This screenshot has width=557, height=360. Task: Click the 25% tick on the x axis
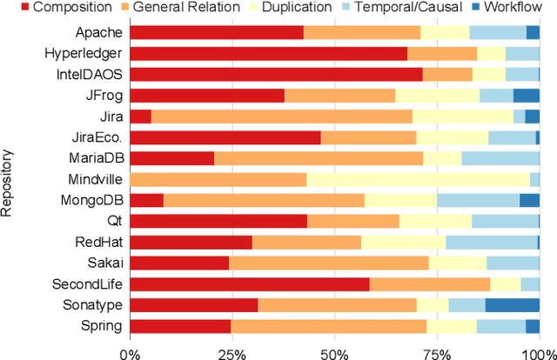pyautogui.click(x=232, y=351)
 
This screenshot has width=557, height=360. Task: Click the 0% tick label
pyautogui.click(x=130, y=351)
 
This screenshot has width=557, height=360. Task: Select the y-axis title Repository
pyautogui.click(x=8, y=179)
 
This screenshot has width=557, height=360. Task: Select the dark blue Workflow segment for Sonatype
pyautogui.click(x=513, y=304)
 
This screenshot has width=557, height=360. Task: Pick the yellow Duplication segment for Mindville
pyautogui.click(x=418, y=179)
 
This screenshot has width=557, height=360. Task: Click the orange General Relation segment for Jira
pyautogui.click(x=281, y=117)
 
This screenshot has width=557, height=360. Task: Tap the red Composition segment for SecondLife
pyautogui.click(x=249, y=283)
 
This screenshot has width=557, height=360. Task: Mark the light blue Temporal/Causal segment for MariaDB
pyautogui.click(x=500, y=158)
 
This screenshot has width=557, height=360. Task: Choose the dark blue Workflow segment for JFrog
pyautogui.click(x=526, y=96)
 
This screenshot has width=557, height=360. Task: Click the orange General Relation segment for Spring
pyautogui.click(x=329, y=326)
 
